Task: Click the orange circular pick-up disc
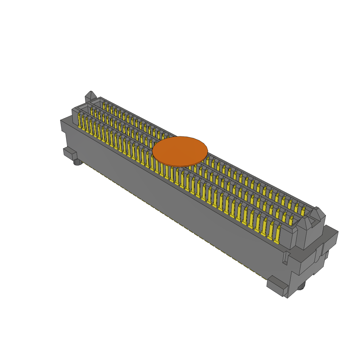180,151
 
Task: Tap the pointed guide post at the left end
91,97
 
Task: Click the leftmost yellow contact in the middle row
92,112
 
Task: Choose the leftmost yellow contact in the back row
104,105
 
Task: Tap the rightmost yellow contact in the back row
303,211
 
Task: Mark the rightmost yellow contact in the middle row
291,220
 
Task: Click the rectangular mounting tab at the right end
277,285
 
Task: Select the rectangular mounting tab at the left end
70,153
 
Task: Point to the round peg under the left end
78,162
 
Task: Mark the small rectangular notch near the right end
286,257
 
